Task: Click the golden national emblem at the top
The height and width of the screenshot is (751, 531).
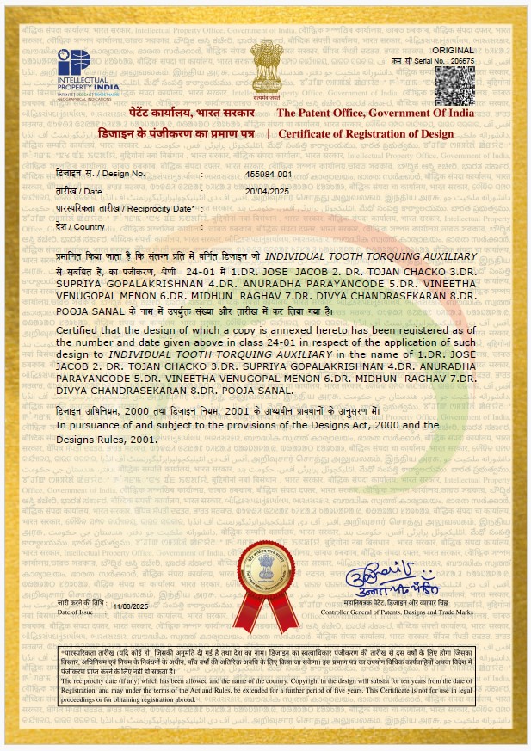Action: [x=264, y=70]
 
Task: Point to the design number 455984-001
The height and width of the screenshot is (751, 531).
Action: [x=269, y=174]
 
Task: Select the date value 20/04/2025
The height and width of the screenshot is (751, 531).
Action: [x=266, y=191]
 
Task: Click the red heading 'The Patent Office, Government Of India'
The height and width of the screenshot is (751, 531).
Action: [x=374, y=114]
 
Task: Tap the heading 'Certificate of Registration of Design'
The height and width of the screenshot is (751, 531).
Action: [x=376, y=133]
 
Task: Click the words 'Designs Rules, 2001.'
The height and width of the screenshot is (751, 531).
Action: [x=108, y=439]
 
